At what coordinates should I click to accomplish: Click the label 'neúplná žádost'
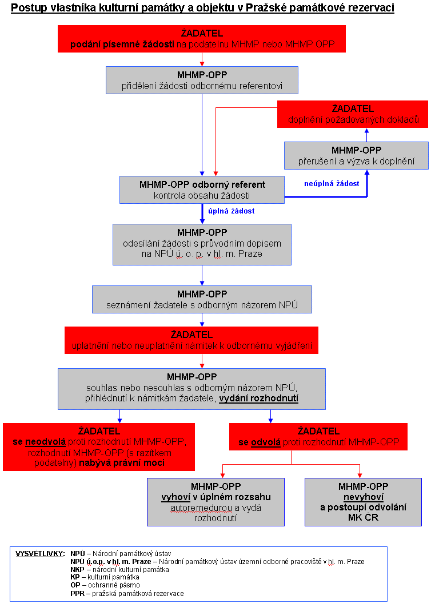[x=332, y=184]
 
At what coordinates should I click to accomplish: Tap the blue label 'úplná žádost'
[x=231, y=211]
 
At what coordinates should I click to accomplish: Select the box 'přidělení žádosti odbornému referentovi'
[x=202, y=80]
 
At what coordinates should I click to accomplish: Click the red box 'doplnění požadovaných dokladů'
[x=353, y=114]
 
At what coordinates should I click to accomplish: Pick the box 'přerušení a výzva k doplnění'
[x=356, y=156]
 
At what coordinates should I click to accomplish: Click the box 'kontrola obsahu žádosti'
[x=202, y=190]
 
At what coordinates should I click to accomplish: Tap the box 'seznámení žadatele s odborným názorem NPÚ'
[x=202, y=299]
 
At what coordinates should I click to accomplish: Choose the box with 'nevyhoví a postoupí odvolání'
[x=363, y=502]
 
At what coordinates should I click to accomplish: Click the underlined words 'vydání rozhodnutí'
[x=258, y=398]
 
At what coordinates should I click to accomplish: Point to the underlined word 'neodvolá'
[x=45, y=442]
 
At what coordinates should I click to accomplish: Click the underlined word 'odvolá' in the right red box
[x=265, y=442]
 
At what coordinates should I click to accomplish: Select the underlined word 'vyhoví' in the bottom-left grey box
[x=176, y=497]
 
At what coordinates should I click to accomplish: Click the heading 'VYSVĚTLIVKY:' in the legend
[x=40, y=554]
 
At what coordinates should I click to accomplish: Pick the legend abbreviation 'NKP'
[x=77, y=570]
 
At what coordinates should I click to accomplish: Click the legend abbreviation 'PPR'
[x=77, y=594]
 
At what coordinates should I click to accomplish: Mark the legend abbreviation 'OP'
[x=75, y=586]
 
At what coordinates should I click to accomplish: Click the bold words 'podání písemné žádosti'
[x=122, y=45]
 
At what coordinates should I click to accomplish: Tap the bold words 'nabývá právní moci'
[x=122, y=463]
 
